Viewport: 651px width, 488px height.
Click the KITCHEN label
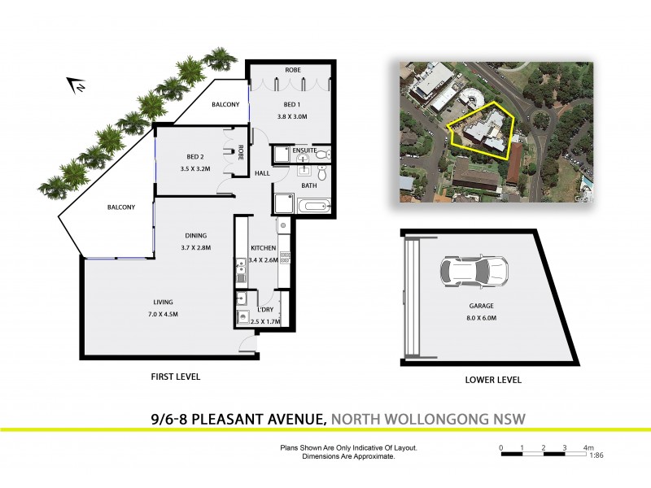pyautogui.click(x=263, y=248)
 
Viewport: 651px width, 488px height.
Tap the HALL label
pyautogui.click(x=261, y=174)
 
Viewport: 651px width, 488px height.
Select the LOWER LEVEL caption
pyautogui.click(x=493, y=380)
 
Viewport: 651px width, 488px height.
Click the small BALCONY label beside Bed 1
pyautogui.click(x=225, y=104)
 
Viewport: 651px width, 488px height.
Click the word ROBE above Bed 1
pyautogui.click(x=291, y=71)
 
